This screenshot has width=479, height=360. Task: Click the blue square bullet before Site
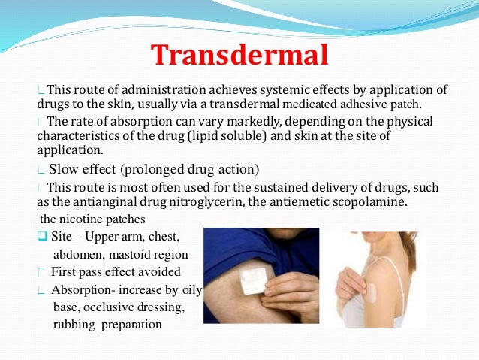[42, 237]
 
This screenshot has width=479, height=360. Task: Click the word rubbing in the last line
[74, 325]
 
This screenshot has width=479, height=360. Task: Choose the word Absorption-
[83, 289]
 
